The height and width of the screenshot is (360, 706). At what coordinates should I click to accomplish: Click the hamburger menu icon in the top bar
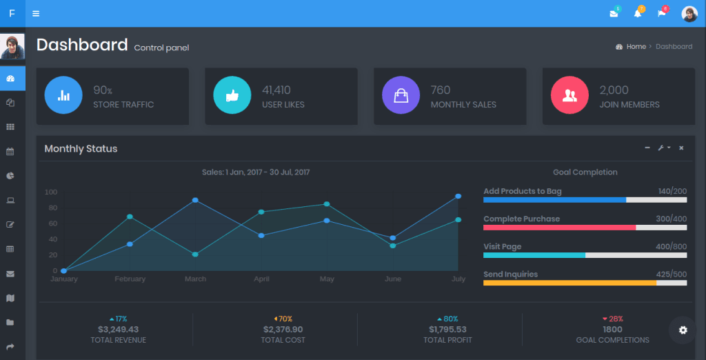point(36,14)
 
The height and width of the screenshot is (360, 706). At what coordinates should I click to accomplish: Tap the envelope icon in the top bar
point(614,14)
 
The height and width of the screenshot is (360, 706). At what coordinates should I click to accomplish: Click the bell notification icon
point(638,14)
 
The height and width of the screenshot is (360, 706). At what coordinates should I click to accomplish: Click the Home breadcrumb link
point(636,47)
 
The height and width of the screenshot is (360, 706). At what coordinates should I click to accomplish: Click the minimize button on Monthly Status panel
point(647,148)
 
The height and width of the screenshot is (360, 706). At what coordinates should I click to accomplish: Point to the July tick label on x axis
point(458,279)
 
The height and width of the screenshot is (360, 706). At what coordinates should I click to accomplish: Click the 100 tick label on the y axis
point(51,192)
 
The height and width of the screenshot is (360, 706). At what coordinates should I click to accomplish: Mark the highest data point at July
point(458,197)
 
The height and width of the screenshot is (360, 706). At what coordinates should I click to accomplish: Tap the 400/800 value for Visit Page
point(671,247)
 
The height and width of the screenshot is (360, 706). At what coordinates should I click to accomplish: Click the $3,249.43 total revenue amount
point(118,330)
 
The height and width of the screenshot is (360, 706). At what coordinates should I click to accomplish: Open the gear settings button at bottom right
point(683,330)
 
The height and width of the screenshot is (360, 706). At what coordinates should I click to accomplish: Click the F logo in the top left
point(12,14)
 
